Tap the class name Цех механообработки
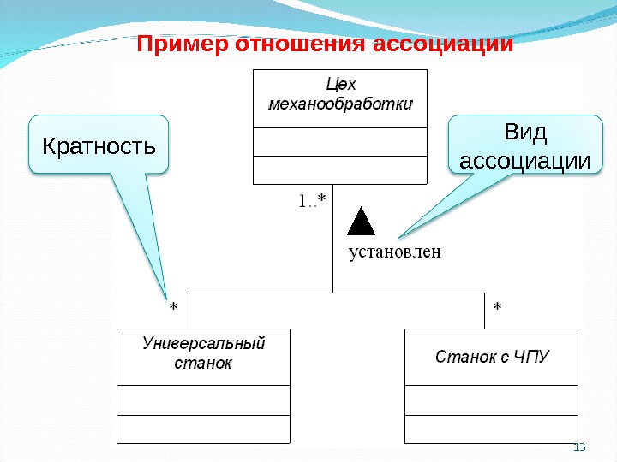pyautogui.click(x=340, y=95)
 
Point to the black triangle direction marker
pyautogui.click(x=362, y=221)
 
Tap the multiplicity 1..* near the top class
pyautogui.click(x=311, y=202)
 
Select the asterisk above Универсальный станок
pyautogui.click(x=173, y=305)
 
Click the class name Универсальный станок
pyautogui.click(x=203, y=353)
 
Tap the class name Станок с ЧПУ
pyautogui.click(x=492, y=355)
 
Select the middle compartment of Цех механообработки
pyautogui.click(x=340, y=142)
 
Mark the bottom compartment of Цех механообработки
pyautogui.click(x=340, y=169)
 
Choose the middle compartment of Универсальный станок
pyautogui.click(x=203, y=400)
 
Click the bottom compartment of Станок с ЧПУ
pyautogui.click(x=492, y=429)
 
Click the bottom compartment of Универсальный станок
pyautogui.click(x=203, y=429)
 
